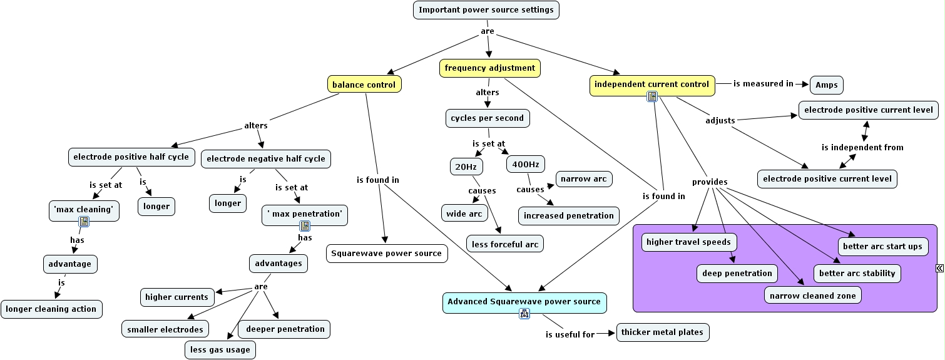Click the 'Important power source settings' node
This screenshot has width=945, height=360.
(486, 10)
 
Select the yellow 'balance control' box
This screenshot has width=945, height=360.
(364, 85)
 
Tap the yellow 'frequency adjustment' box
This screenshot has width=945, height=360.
(489, 68)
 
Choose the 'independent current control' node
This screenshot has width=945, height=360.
(651, 85)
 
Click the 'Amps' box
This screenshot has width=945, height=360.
(826, 85)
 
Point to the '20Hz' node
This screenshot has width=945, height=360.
(466, 167)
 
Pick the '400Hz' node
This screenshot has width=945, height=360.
(525, 165)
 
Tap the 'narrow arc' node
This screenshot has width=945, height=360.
(583, 179)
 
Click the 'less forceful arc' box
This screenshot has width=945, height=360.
(504, 244)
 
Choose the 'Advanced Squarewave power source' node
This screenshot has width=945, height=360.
(524, 302)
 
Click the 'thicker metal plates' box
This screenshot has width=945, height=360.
(663, 332)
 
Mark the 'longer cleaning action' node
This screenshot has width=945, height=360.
(51, 309)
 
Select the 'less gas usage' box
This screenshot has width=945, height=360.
(220, 350)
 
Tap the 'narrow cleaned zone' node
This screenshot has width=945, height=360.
(812, 296)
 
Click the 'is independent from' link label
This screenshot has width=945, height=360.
(862, 148)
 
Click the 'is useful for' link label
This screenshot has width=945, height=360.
(570, 334)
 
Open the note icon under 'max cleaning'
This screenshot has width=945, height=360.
(84, 222)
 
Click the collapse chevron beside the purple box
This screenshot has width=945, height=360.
(939, 268)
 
